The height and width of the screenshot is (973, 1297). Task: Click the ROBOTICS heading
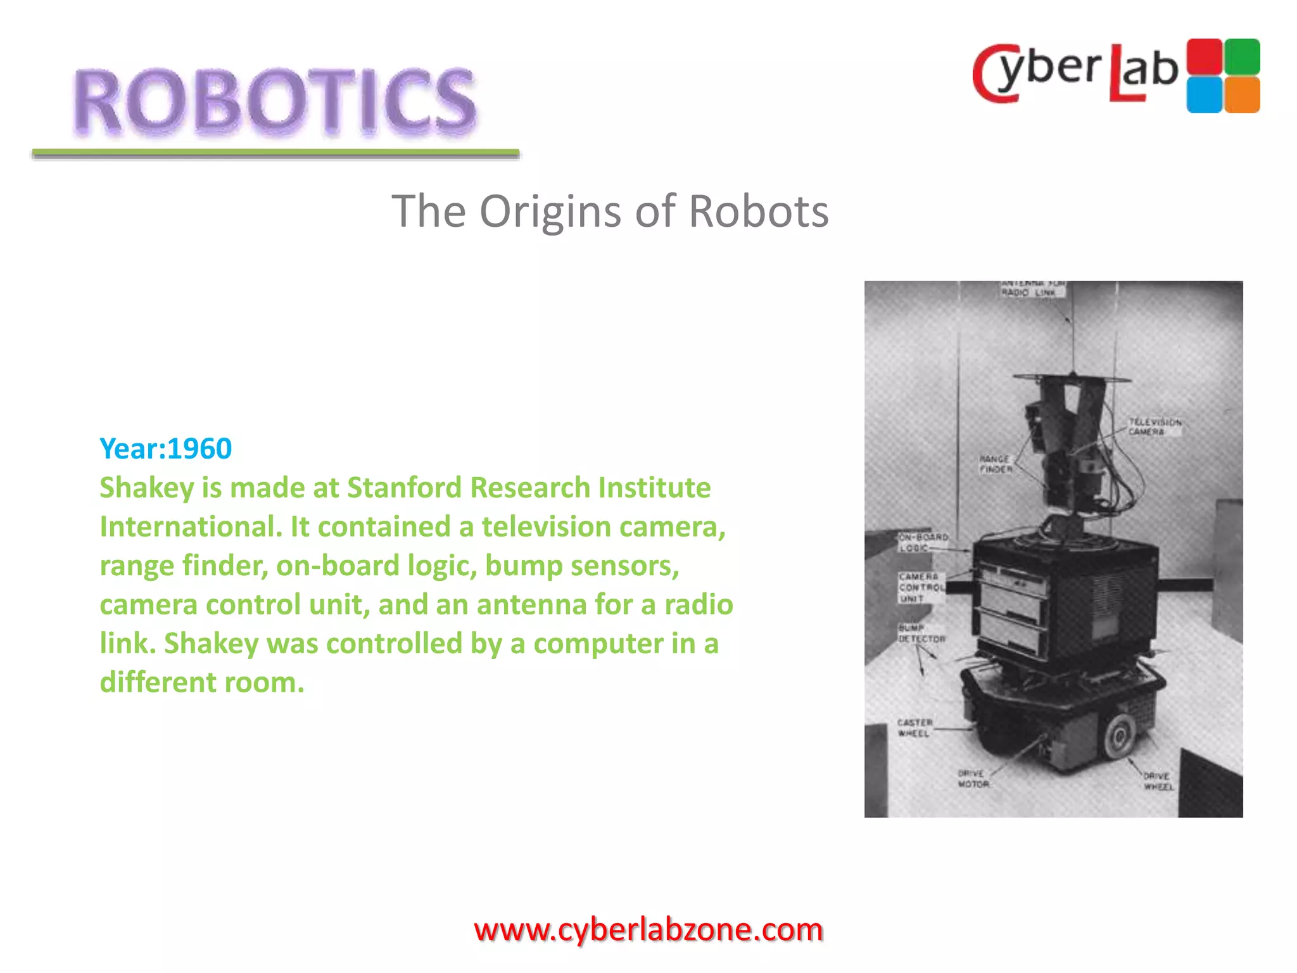tap(274, 101)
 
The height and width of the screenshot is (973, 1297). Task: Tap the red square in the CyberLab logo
tap(1204, 57)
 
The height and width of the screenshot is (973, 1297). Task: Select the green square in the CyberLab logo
tap(1242, 57)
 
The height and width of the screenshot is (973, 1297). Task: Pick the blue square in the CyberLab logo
tap(1204, 95)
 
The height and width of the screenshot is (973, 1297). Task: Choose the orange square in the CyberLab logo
tap(1242, 95)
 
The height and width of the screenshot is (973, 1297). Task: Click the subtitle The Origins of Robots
tap(610, 212)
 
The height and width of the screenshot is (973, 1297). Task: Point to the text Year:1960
tap(166, 448)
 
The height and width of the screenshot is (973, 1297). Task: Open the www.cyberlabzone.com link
tap(648, 930)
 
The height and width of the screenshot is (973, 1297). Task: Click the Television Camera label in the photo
tap(1154, 426)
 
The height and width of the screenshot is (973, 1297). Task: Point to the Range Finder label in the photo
tap(995, 464)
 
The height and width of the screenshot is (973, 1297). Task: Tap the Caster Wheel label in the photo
tap(914, 728)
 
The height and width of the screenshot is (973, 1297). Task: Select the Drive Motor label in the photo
tap(973, 779)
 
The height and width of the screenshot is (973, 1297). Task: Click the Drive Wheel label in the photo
tap(1158, 781)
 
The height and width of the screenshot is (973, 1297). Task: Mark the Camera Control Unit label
tap(920, 587)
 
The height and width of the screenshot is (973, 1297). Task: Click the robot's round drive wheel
tap(1119, 735)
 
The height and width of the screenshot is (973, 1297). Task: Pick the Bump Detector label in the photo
tap(921, 633)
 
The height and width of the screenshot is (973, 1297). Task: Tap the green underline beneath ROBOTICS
tap(275, 153)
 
